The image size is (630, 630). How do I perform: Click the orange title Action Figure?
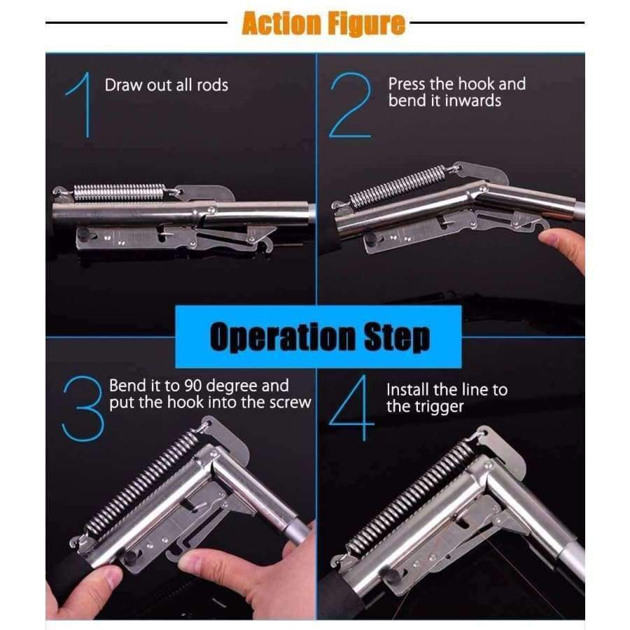323,24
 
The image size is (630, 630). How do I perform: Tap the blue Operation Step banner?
318,337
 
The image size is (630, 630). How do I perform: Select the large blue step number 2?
350,106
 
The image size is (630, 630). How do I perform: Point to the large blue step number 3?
83,409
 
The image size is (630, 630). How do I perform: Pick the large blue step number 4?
352,408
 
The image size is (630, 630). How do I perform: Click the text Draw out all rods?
167,85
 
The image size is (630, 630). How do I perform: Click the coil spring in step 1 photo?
120,192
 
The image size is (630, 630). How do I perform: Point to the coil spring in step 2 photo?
398,186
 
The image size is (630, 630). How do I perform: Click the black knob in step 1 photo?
83,234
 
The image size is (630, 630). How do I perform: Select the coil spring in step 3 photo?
143,482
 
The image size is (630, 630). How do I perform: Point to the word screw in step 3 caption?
290,402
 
